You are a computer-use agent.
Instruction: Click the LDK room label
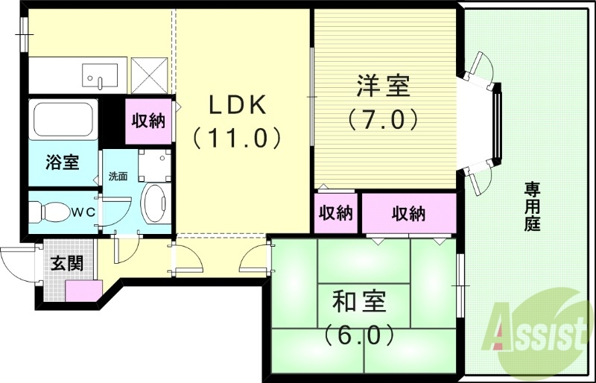click(x=237, y=107)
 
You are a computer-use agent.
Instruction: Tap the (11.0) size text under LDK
click(x=237, y=137)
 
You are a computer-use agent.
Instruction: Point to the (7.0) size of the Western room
click(x=382, y=118)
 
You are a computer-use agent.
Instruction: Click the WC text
click(x=83, y=212)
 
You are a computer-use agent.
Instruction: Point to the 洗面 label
click(x=118, y=177)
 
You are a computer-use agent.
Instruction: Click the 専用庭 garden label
click(x=532, y=205)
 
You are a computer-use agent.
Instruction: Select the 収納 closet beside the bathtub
click(x=148, y=121)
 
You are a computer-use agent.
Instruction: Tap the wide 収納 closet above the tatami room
click(x=408, y=213)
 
